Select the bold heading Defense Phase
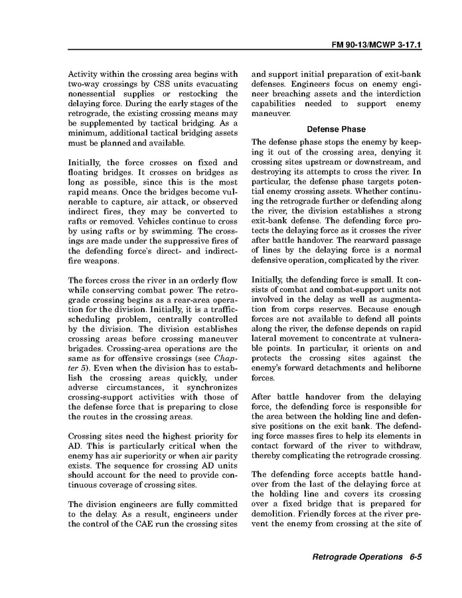point(336,129)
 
